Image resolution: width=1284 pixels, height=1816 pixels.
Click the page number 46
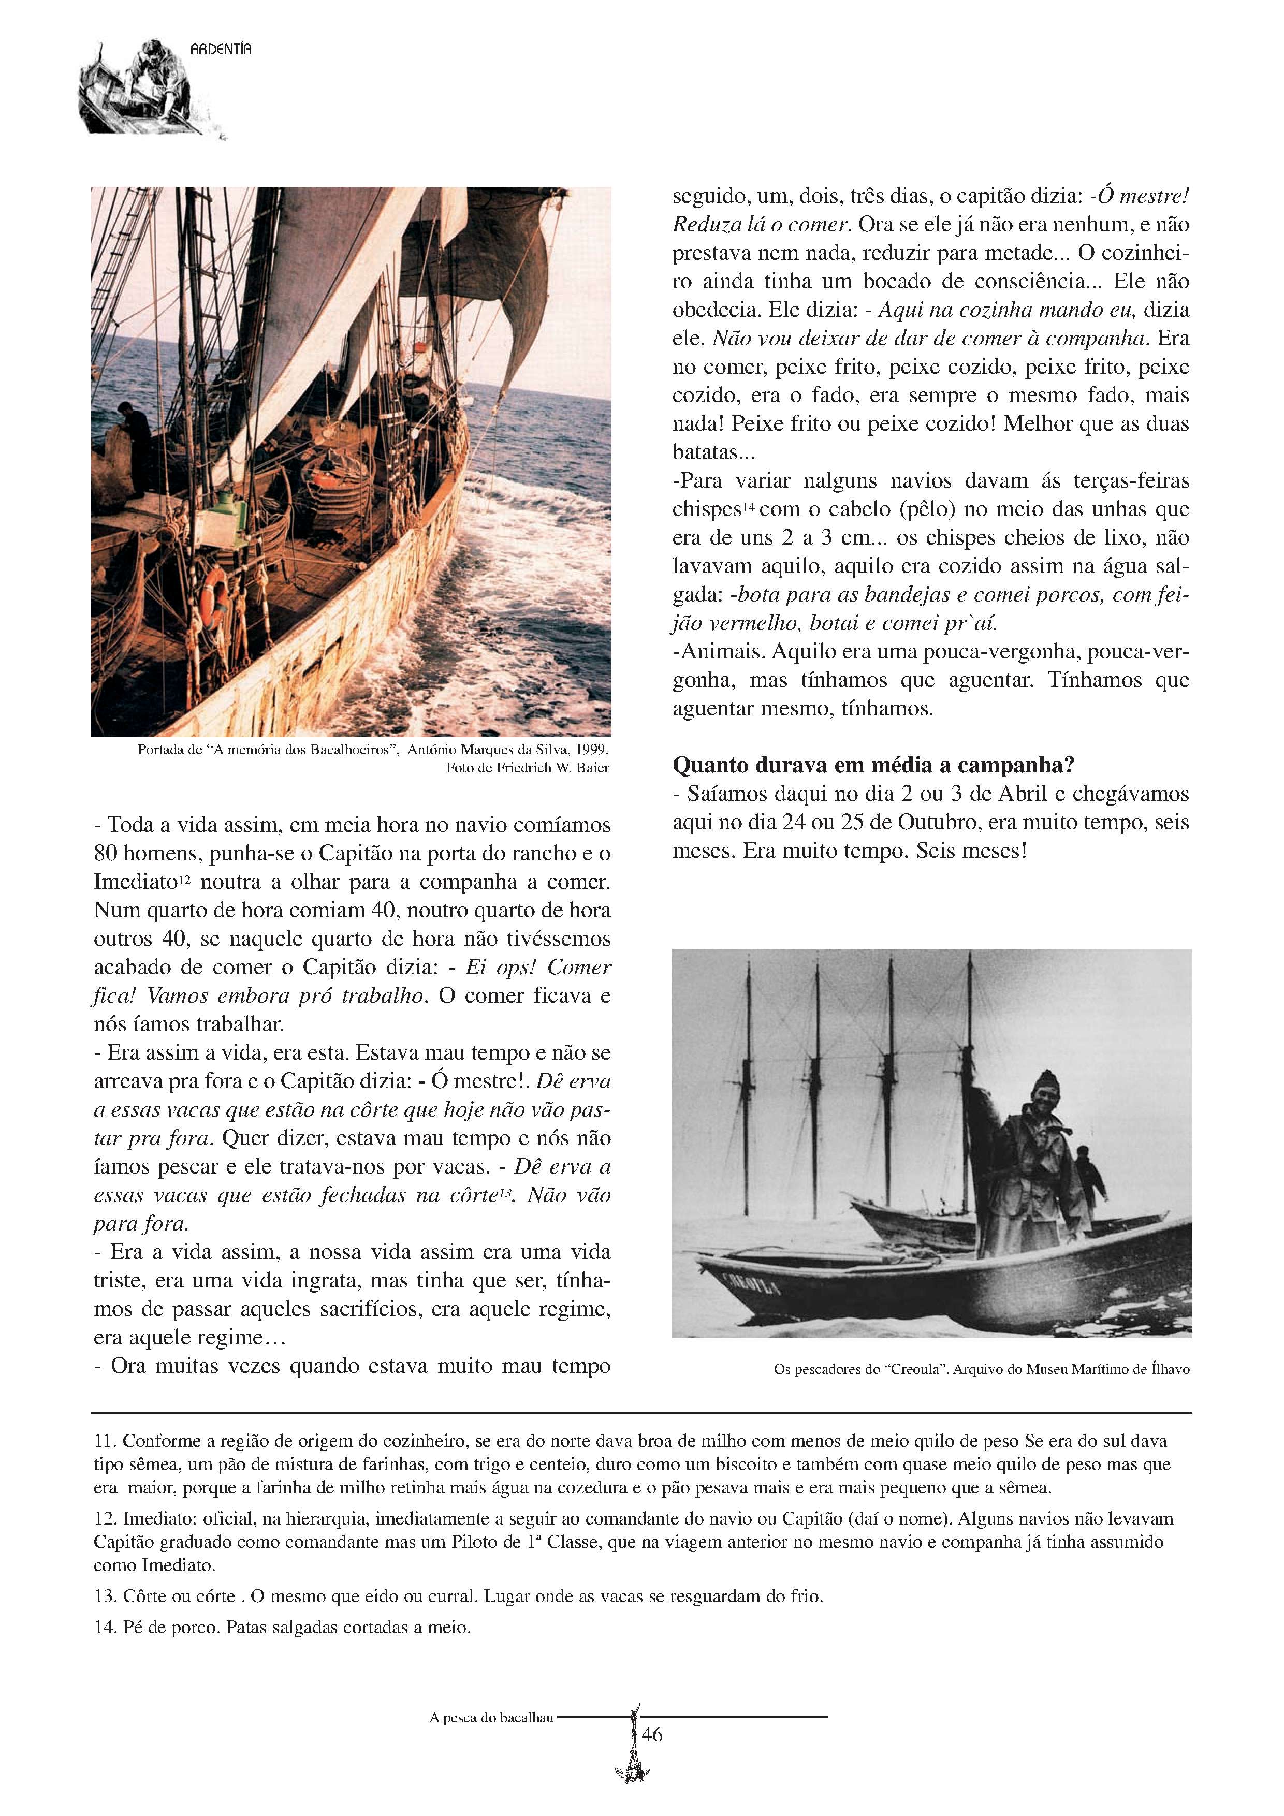pos(652,1735)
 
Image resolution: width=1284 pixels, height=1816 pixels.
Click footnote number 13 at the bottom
pos(105,1596)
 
